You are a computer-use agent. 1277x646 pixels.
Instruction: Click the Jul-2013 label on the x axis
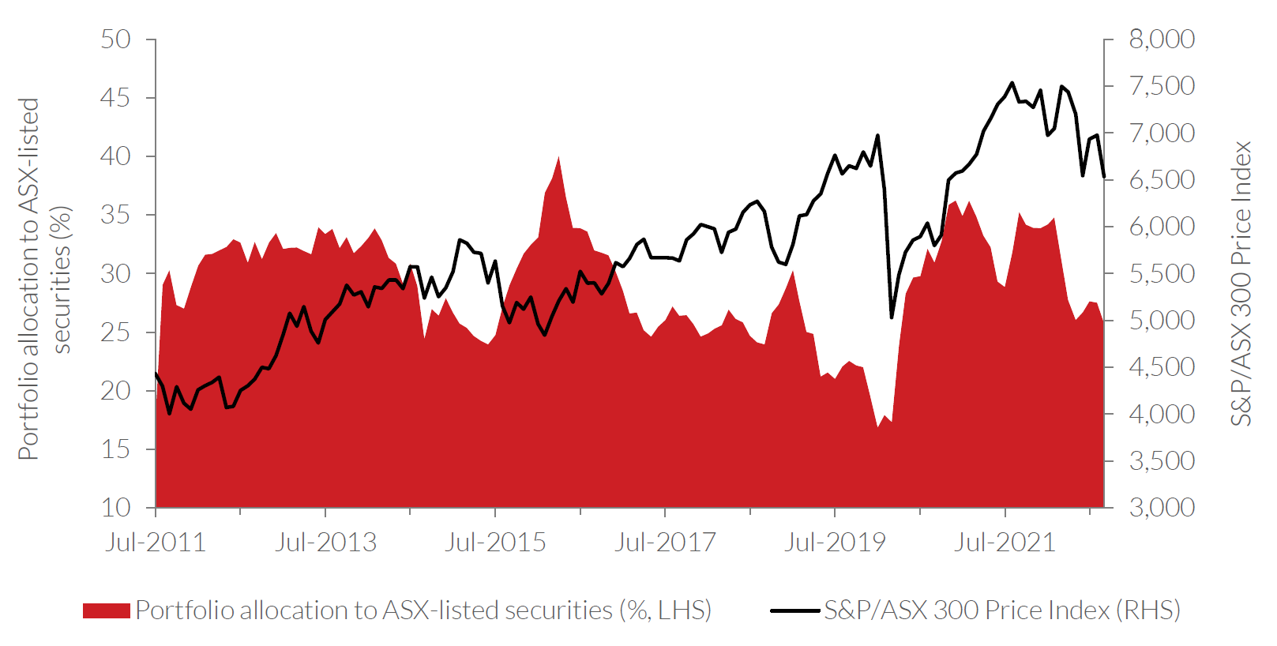coord(325,543)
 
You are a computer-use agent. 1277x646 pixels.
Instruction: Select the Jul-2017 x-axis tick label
coord(665,543)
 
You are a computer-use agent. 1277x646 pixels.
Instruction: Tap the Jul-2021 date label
coord(1005,543)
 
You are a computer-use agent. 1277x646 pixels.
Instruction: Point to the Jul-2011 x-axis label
coord(156,543)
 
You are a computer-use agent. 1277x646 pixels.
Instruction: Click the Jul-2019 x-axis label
coord(835,543)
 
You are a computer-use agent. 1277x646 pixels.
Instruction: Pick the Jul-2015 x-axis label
coord(495,543)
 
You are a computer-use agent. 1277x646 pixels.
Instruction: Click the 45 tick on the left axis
coord(115,98)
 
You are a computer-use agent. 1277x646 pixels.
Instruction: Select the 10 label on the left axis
coord(115,507)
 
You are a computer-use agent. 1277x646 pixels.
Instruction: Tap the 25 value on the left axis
coord(115,332)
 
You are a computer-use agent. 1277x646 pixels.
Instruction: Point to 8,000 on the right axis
coord(1162,39)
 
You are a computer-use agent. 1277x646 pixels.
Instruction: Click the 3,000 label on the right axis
coord(1162,507)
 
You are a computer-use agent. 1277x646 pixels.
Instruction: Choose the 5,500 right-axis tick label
coord(1162,273)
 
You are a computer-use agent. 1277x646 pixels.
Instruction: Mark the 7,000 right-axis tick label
coord(1162,133)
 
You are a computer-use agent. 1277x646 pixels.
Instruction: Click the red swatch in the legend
coord(106,610)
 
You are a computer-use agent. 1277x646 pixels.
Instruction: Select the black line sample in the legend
coord(794,610)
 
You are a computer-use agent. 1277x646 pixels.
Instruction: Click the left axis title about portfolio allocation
coord(45,279)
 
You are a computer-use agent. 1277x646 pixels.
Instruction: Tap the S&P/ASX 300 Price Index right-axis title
coord(1241,283)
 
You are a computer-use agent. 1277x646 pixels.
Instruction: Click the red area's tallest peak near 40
coord(559,157)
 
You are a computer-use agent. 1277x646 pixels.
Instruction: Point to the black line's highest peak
coord(1012,82)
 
